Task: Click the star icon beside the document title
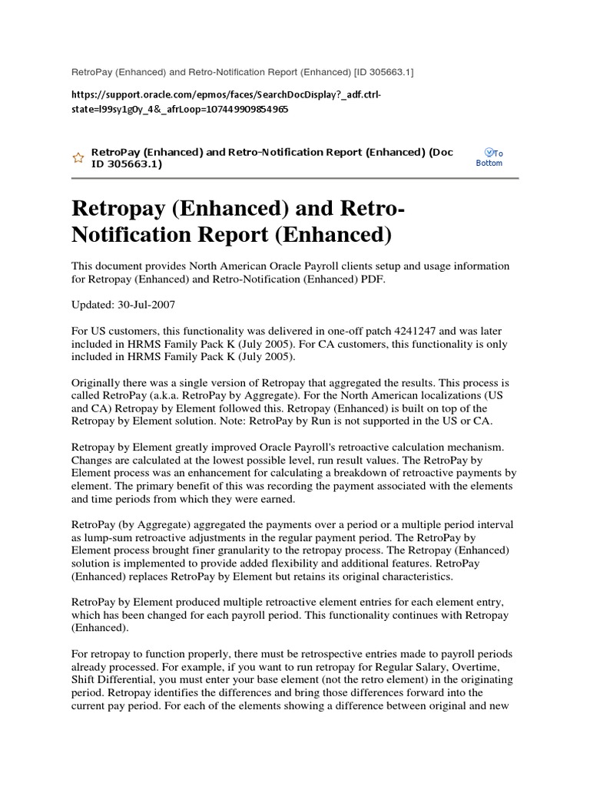click(78, 157)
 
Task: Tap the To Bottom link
click(489, 158)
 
